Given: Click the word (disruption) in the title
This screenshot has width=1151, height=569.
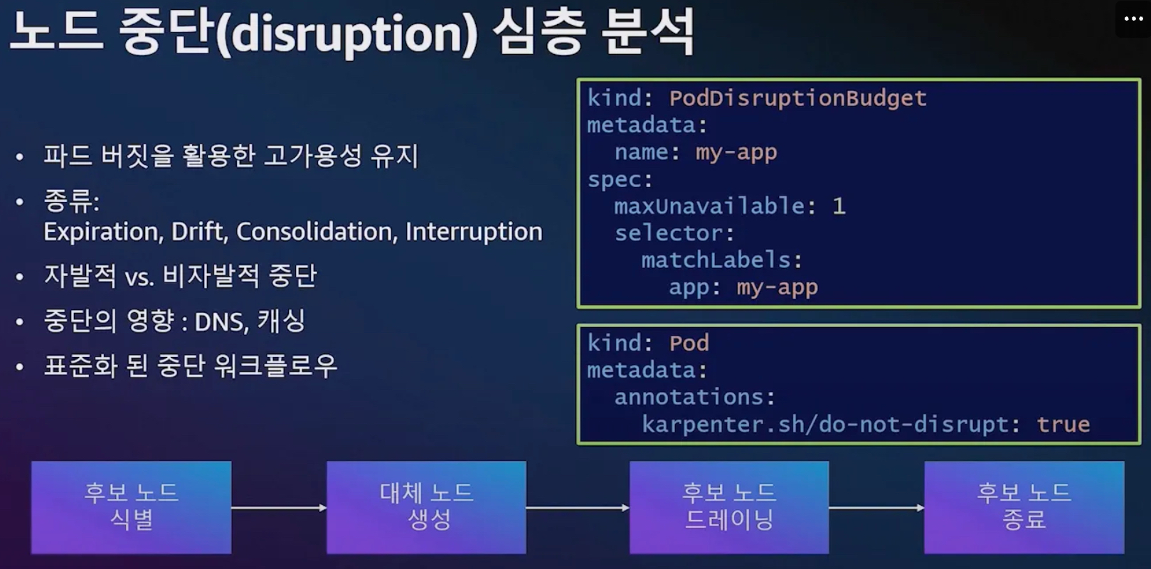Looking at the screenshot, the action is point(346,34).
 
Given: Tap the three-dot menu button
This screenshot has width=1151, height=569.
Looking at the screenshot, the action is point(1133,19).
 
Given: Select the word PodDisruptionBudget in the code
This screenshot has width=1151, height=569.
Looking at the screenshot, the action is point(798,98).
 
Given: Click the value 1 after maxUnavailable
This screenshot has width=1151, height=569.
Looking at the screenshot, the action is point(839,206).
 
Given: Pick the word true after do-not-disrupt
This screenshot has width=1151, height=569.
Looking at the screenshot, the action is point(1063,425).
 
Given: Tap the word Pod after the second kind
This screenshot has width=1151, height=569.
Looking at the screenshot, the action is point(689,343).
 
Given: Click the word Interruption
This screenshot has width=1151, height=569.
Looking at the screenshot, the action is point(474,232).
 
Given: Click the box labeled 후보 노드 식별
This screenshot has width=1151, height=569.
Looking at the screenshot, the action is point(132,507).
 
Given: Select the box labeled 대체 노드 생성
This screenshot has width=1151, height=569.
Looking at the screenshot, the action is point(427,507).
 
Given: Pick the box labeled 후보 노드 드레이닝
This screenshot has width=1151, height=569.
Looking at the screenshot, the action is point(729,507).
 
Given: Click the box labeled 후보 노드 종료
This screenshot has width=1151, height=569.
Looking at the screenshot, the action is point(1024,507).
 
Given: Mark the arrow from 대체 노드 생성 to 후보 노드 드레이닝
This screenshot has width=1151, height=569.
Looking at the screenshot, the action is point(578,508).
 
